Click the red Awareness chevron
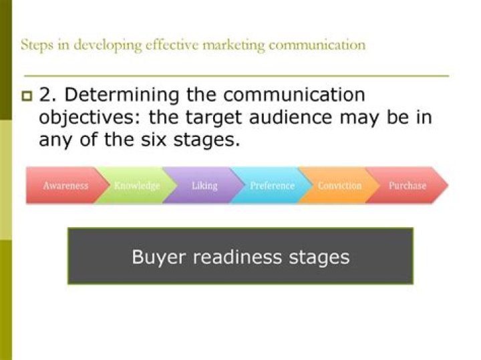coord(65,186)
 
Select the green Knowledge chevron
coord(136,186)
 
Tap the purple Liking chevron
coord(204,186)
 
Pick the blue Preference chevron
coord(272,186)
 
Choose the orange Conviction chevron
coord(339,186)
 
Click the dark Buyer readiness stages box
coord(240,256)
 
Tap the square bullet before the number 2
coord(27,96)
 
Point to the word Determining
coord(106,95)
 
